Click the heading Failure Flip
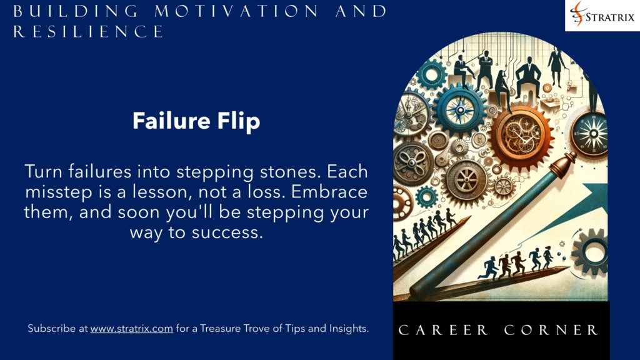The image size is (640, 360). point(196,121)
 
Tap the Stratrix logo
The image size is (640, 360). point(602,16)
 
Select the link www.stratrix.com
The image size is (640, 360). point(131,328)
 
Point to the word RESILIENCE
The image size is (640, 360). point(89,31)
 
